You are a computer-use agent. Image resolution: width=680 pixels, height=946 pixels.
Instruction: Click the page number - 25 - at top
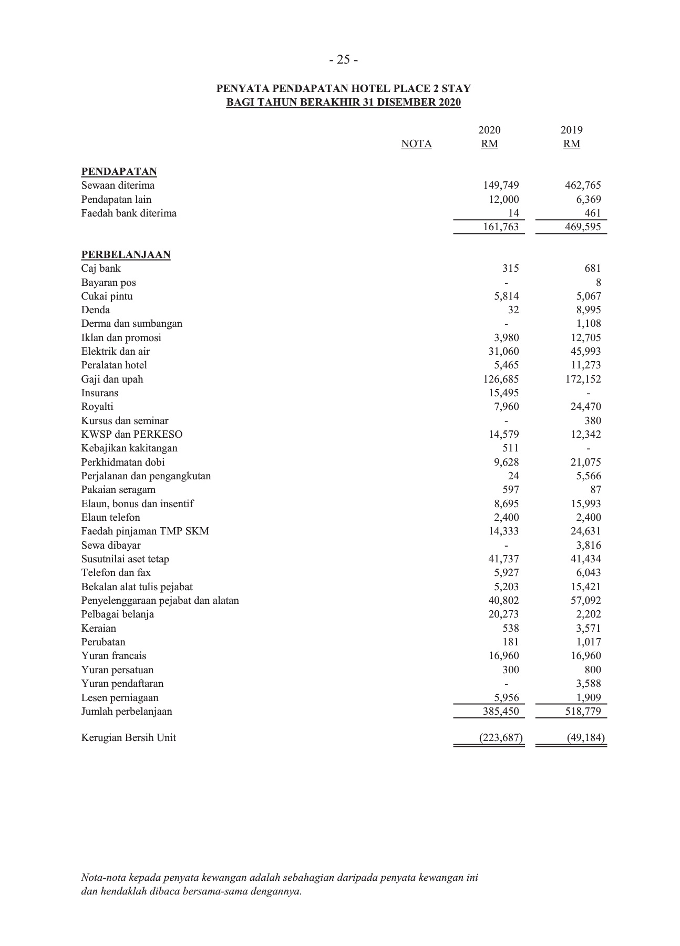tap(344, 60)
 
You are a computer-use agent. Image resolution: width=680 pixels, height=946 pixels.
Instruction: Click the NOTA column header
tap(416, 144)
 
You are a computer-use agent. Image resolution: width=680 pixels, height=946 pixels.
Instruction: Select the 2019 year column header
tap(571, 130)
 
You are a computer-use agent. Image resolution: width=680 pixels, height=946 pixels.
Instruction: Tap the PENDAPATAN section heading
tap(119, 171)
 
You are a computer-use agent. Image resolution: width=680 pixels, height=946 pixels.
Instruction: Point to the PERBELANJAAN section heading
tap(126, 254)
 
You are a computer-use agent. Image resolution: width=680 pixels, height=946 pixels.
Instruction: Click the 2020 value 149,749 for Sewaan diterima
tap(501, 185)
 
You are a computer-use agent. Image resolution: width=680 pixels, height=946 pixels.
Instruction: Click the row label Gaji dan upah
tap(112, 379)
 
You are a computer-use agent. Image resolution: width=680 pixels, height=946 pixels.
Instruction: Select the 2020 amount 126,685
tap(501, 379)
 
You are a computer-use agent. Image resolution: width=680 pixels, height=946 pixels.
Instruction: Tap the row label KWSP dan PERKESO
tap(132, 434)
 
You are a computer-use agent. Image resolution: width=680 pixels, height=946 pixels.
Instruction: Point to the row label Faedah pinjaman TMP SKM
tap(145, 531)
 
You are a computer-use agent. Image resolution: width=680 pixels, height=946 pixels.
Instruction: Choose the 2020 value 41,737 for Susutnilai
tap(503, 559)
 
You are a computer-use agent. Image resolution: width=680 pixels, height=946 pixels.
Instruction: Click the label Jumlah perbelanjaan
tap(127, 711)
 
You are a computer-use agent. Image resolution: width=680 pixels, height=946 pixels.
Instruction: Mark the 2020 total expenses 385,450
tap(501, 711)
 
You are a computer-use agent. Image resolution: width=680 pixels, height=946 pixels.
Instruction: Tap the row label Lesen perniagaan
tap(120, 697)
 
